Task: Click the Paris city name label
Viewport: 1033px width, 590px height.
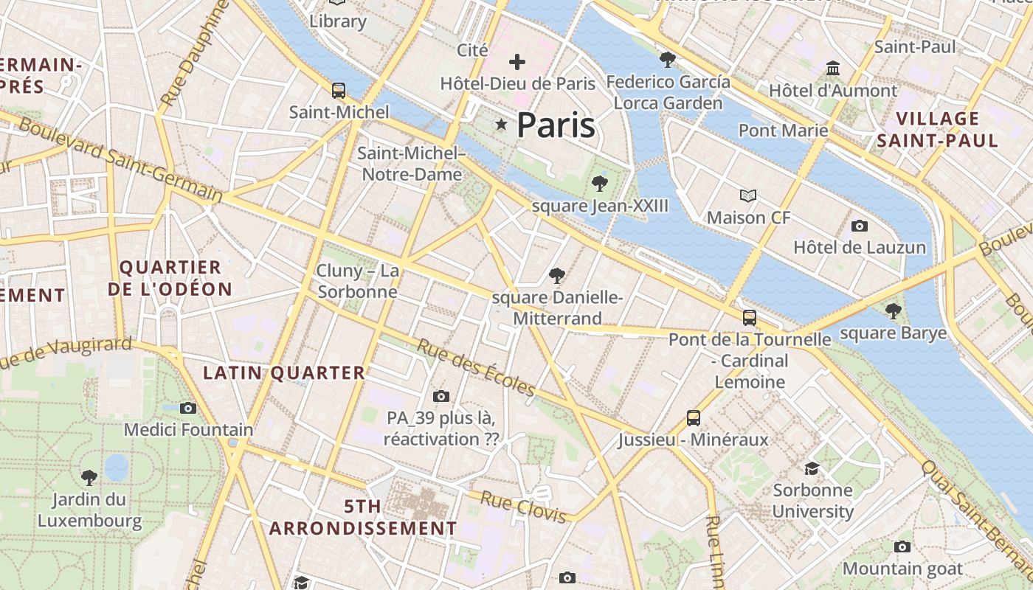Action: click(x=556, y=125)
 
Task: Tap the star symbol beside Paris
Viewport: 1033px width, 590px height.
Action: click(x=502, y=125)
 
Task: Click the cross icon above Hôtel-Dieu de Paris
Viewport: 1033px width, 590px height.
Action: click(x=517, y=62)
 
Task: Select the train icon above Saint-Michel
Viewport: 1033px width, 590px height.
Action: click(x=339, y=91)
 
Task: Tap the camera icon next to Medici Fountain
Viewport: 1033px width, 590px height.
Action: click(x=188, y=408)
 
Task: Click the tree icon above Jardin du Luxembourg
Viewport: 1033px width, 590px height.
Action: click(x=89, y=477)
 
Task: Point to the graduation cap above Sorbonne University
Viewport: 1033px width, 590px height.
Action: click(x=812, y=468)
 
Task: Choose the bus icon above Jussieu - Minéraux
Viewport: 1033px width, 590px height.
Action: click(x=694, y=418)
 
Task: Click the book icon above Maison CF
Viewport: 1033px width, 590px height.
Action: click(x=748, y=196)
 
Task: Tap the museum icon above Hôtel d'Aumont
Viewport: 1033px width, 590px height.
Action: click(x=833, y=69)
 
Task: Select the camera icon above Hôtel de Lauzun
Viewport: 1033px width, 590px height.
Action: click(x=860, y=226)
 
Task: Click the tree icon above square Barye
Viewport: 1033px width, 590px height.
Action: click(x=893, y=310)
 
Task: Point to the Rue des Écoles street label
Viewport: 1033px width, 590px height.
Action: click(x=477, y=367)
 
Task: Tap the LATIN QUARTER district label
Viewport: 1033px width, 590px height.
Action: click(x=284, y=373)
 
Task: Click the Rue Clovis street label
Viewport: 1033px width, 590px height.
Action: click(x=523, y=507)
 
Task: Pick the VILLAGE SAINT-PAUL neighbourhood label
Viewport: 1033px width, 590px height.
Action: click(x=937, y=129)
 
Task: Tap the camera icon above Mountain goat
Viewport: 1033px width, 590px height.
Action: click(x=902, y=546)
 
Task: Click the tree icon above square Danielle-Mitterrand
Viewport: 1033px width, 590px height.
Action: click(x=557, y=276)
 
